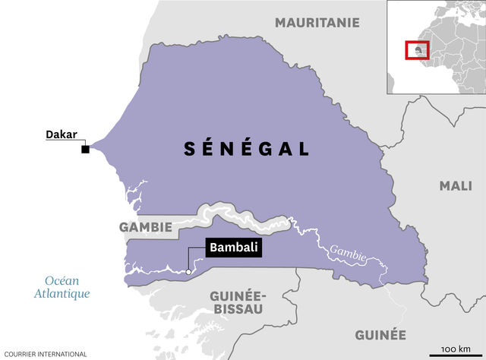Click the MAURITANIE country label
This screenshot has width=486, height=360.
click(317, 23)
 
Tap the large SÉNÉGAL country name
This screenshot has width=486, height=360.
click(247, 149)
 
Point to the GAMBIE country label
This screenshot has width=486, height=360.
click(144, 227)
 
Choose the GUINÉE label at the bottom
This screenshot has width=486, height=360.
click(380, 335)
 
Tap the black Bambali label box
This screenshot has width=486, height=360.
click(234, 248)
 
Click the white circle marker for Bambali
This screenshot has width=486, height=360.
click(188, 272)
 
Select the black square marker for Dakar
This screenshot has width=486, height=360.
click(86, 149)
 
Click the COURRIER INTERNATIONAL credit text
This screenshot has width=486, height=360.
click(44, 354)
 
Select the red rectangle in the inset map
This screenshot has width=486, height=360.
click(417, 50)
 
